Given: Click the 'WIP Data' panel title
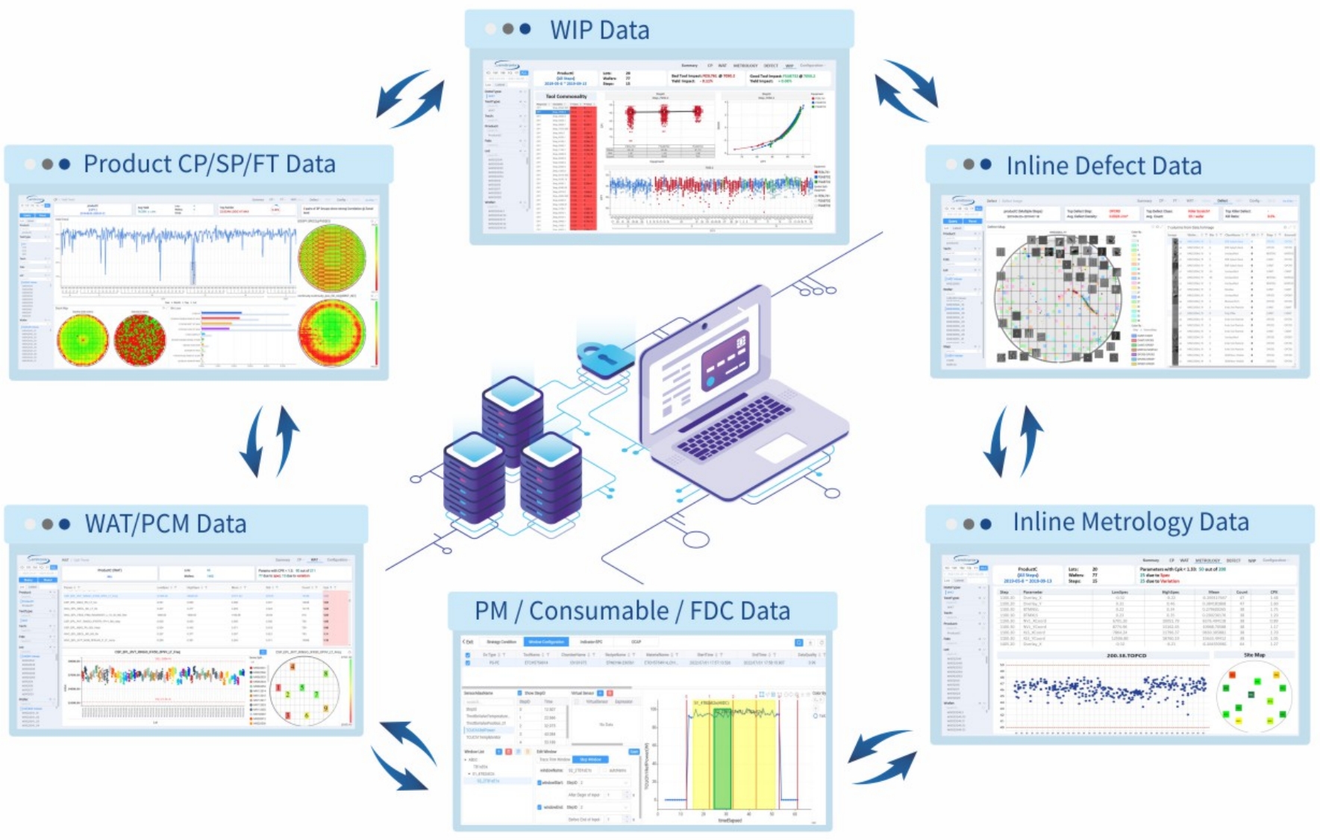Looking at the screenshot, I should (599, 30).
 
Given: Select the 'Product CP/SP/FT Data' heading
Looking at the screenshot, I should (209, 164).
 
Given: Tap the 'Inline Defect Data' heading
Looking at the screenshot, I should (1104, 165).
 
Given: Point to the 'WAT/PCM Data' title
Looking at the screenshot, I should (166, 523).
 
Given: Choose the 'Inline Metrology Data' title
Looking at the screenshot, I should (1130, 522).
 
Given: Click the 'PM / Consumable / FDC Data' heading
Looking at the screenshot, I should (632, 611).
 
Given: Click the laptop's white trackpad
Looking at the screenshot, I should (781, 449).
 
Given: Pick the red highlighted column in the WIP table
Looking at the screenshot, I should (583, 168).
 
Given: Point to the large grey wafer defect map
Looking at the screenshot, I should (1058, 299).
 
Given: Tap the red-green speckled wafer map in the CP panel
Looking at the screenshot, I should (140, 340).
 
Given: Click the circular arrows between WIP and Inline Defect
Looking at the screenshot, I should (906, 90).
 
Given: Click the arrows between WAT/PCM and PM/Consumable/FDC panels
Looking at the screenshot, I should (404, 754).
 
